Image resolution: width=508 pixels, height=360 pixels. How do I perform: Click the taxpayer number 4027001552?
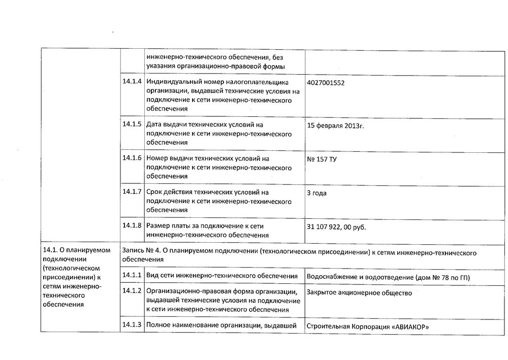click(x=329, y=82)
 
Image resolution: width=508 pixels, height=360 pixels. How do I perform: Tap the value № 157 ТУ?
click(x=322, y=159)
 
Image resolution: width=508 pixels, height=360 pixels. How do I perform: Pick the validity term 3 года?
click(x=316, y=193)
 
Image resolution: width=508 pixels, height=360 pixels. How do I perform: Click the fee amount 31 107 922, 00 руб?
click(x=336, y=227)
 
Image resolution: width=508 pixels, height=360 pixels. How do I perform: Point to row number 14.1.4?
click(x=132, y=82)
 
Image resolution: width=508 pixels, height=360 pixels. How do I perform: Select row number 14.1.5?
click(x=132, y=124)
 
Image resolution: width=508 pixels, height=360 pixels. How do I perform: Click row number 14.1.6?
click(x=132, y=158)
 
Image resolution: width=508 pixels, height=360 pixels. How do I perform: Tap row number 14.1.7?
click(x=132, y=192)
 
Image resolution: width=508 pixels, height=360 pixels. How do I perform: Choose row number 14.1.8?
click(x=132, y=225)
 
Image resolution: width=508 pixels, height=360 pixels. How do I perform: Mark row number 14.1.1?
click(x=132, y=276)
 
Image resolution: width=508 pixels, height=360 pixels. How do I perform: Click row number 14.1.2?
click(x=132, y=292)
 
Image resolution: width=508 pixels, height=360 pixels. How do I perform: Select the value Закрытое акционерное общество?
click(x=359, y=293)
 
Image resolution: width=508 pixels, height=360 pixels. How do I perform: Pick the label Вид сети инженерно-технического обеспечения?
click(x=221, y=276)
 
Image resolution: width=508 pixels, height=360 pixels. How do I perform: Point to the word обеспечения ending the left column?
click(x=63, y=305)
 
